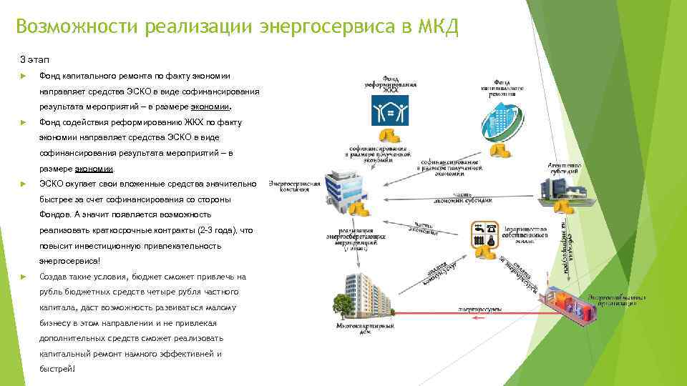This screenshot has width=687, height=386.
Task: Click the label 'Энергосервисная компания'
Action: tap(293, 187)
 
